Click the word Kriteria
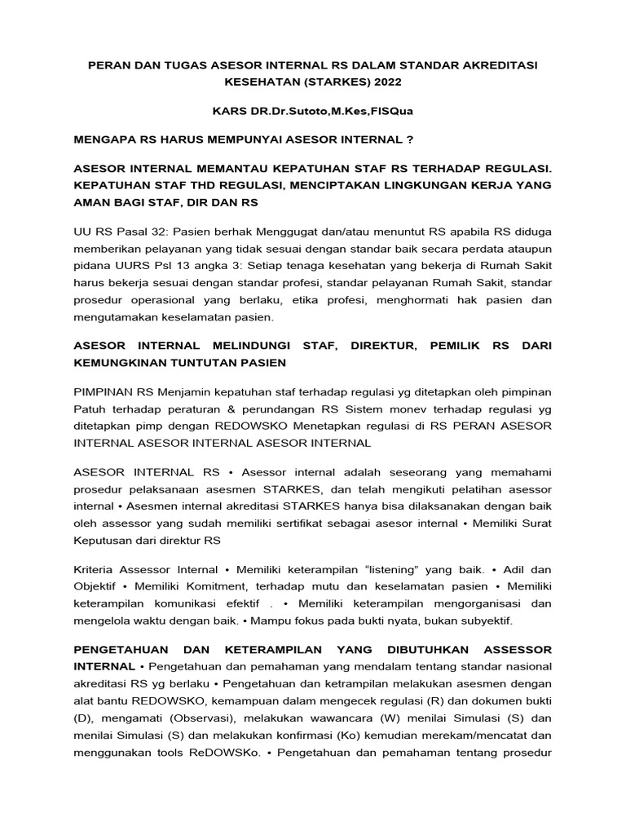[96, 569]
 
